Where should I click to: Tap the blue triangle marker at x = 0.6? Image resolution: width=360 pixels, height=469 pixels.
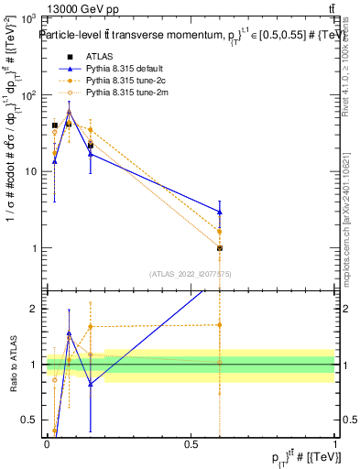[x=220, y=212]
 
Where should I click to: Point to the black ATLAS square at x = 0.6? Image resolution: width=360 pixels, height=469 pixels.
[x=220, y=248]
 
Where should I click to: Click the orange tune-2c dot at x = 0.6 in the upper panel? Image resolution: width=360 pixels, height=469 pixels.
[x=220, y=231]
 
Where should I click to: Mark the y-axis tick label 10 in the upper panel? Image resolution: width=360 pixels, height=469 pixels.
[x=29, y=171]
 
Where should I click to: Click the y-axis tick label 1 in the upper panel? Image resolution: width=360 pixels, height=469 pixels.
[x=33, y=248]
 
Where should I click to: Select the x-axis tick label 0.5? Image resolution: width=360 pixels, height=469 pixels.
[x=191, y=444]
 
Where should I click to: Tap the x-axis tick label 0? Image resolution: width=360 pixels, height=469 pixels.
[x=47, y=444]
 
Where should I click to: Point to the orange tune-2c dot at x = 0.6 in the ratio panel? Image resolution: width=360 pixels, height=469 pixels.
[x=220, y=325]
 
